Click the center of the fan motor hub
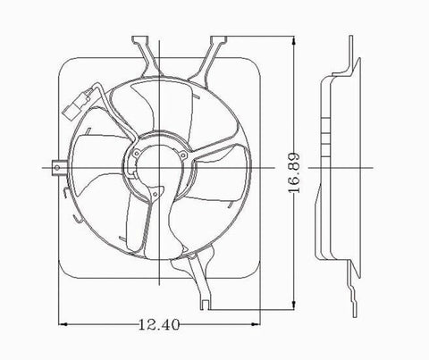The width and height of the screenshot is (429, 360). point(158,168)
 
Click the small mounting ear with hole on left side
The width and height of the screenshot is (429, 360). point(57,167)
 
